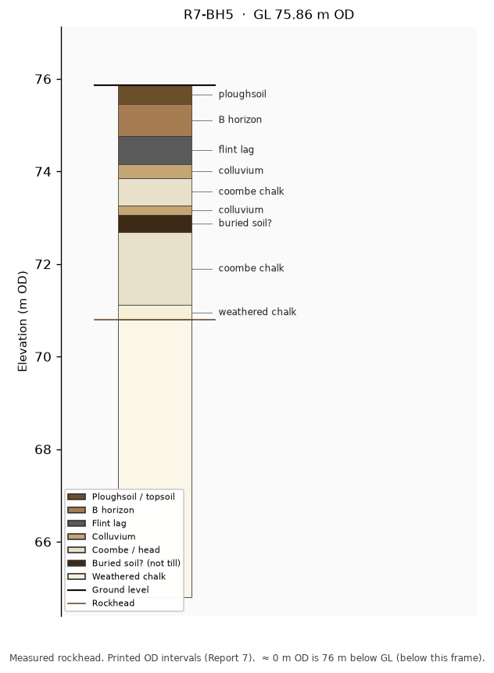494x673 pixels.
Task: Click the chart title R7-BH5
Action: click(209, 15)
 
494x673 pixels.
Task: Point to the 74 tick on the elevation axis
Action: click(59, 172)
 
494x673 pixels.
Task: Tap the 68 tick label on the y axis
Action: click(42, 449)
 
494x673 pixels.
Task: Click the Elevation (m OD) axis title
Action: click(23, 321)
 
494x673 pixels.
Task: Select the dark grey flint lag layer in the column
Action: click(155, 151)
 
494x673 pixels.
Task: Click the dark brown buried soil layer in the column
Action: click(155, 224)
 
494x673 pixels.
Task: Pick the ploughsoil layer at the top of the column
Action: click(155, 95)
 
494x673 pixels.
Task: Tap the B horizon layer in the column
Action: click(155, 120)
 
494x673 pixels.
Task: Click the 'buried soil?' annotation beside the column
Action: click(245, 224)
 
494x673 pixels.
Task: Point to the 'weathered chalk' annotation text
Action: click(257, 312)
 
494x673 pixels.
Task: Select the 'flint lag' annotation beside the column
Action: click(236, 150)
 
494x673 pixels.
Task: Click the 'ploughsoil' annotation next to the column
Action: click(242, 95)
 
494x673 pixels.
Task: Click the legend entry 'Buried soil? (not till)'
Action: click(123, 563)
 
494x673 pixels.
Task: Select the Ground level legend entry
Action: click(108, 589)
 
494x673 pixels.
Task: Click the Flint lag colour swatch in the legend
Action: click(77, 523)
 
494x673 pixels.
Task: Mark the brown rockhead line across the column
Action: click(155, 320)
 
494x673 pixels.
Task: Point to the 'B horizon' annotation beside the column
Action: click(240, 120)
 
